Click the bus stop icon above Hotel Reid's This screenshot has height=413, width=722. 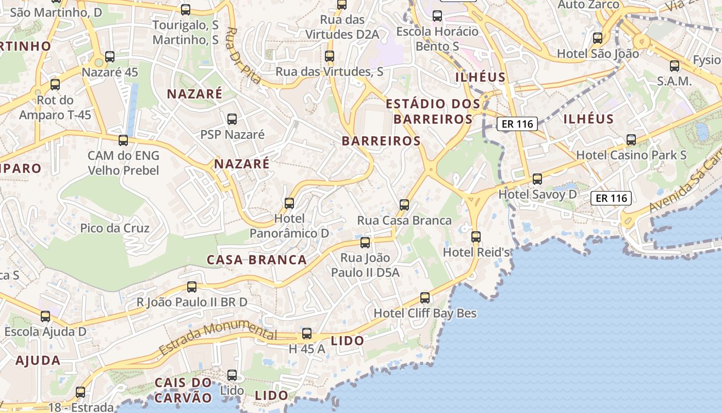(x=476, y=237)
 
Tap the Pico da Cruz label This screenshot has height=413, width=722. (x=114, y=228)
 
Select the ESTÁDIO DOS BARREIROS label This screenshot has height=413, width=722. (x=433, y=112)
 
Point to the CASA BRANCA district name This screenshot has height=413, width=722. (x=257, y=260)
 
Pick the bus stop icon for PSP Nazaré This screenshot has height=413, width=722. (x=232, y=119)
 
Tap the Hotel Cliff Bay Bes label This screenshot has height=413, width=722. (x=425, y=313)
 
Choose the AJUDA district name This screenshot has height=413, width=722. (x=38, y=360)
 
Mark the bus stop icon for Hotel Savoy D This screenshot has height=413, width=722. (x=537, y=179)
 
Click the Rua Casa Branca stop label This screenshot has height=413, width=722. (x=404, y=220)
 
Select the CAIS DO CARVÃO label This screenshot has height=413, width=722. (x=184, y=390)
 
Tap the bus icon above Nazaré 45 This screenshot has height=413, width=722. (x=110, y=57)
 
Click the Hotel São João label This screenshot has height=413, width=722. (x=598, y=54)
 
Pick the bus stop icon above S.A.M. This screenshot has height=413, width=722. (x=675, y=66)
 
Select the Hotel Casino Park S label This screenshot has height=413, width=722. (x=631, y=155)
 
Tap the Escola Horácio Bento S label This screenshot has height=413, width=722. (x=437, y=39)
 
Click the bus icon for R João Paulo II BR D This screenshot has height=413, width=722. (x=192, y=287)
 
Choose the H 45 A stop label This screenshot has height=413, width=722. (x=307, y=349)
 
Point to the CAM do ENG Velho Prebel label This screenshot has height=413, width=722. (x=123, y=163)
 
